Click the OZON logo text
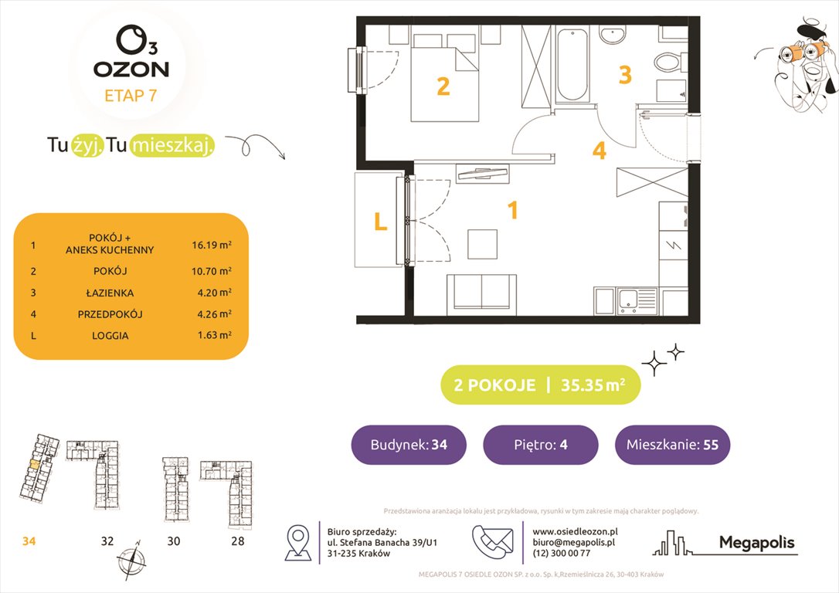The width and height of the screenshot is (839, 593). (x=131, y=68)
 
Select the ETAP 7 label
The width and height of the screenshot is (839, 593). (x=131, y=97)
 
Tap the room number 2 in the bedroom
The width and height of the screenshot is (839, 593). (x=443, y=86)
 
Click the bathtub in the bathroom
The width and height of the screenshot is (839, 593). (x=572, y=66)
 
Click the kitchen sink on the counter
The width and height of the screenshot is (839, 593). (x=630, y=300)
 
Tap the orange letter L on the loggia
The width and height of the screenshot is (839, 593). (x=379, y=222)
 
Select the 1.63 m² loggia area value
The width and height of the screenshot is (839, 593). (x=212, y=336)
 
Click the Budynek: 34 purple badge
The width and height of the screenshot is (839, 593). (x=409, y=445)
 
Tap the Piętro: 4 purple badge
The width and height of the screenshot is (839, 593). (x=540, y=445)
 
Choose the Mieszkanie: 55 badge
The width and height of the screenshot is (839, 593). (x=672, y=445)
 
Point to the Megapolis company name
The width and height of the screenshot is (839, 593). (x=756, y=543)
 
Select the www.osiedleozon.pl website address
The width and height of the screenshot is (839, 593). (x=575, y=531)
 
